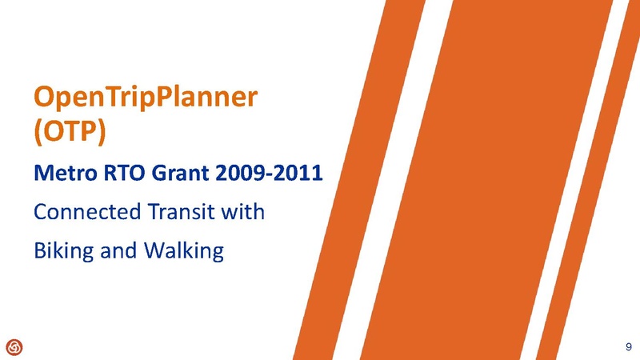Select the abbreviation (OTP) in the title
(70, 131)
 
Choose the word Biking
(62, 252)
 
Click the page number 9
(627, 346)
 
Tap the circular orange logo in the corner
(14, 346)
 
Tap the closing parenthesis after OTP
(102, 132)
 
